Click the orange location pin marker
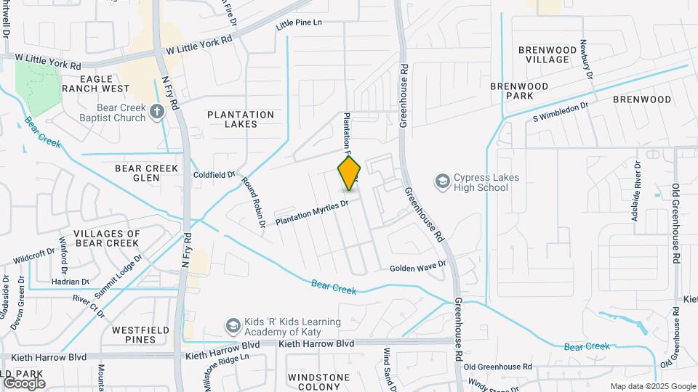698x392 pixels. pos(349,173)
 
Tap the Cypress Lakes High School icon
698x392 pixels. pos(441,180)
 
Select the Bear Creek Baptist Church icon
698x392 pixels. pos(157,111)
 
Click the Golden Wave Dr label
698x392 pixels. pos(417,268)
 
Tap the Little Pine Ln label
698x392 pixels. pos(298,25)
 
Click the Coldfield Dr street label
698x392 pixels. pos(214,175)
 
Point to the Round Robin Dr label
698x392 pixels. pos(254,203)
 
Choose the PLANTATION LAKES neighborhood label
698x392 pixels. pos(241,119)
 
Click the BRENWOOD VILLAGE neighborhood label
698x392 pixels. pos(547,54)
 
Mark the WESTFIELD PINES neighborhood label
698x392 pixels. pos(141,335)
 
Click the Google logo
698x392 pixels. pos(24,383)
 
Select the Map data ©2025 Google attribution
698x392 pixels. pos(652,386)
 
